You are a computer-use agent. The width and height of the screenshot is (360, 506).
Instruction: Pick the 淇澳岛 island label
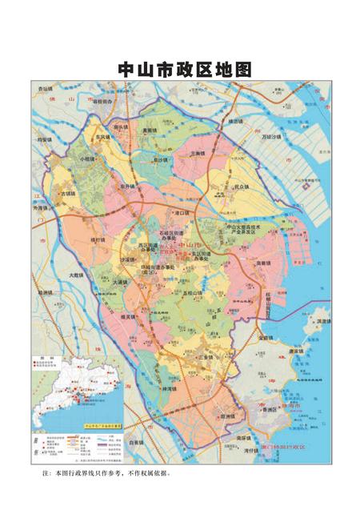click(x=323, y=321)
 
